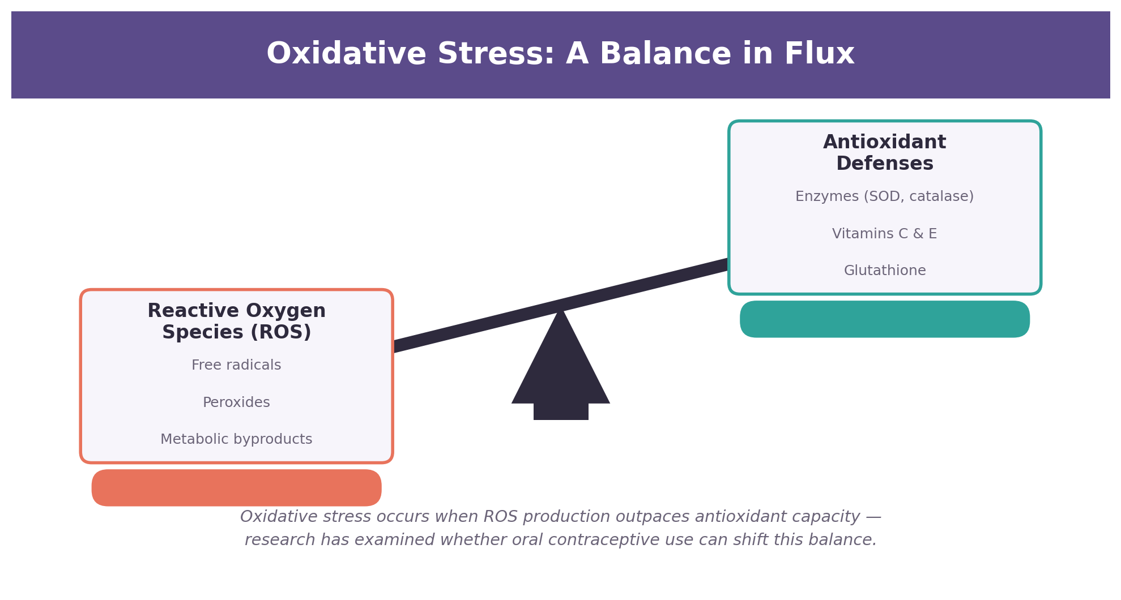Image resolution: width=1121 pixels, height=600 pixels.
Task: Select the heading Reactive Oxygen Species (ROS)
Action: [237, 322]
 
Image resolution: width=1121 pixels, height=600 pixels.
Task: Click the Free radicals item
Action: [236, 365]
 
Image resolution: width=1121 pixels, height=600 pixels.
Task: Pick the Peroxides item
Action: [236, 402]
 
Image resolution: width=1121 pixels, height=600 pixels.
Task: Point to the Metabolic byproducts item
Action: [236, 439]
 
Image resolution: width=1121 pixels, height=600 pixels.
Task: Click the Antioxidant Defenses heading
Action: [885, 153]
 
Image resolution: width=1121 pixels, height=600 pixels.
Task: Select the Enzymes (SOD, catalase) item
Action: [885, 196]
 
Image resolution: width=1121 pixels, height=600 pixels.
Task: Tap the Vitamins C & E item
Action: [885, 234]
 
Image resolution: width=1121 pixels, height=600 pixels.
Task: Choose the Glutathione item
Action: [885, 271]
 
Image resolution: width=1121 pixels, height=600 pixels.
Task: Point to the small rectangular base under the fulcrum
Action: [561, 412]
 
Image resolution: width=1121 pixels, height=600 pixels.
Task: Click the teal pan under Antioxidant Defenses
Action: [885, 319]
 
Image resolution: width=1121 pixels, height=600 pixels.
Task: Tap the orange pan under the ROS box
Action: [237, 488]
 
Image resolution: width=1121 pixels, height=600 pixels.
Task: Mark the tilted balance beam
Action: [561, 306]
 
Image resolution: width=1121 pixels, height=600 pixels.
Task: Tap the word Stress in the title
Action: [492, 54]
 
